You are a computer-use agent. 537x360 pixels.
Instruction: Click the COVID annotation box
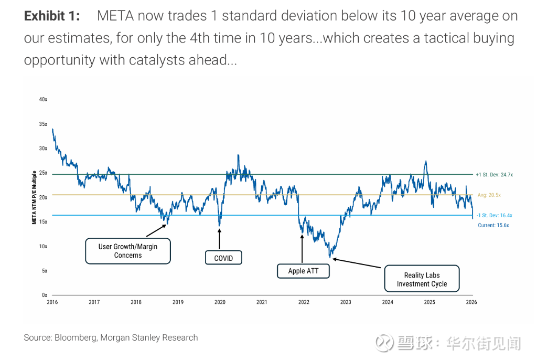(223, 258)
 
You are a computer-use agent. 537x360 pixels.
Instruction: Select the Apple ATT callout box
(303, 271)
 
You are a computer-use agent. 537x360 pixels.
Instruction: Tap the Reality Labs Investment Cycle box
(422, 279)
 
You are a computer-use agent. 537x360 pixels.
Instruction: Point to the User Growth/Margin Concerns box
(128, 251)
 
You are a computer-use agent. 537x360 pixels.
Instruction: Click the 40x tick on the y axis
(44, 99)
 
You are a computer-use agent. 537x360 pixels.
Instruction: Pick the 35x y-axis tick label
(44, 124)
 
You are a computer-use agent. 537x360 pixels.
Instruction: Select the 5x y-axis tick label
(45, 271)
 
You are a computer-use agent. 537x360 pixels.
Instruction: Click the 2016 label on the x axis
(52, 302)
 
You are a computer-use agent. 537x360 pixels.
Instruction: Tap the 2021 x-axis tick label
(262, 302)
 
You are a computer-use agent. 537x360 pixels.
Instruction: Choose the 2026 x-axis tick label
(471, 302)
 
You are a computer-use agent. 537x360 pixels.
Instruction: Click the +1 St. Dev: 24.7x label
(494, 175)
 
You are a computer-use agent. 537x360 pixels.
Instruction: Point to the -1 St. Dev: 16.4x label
(494, 215)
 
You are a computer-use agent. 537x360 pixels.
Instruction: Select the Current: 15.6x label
(493, 225)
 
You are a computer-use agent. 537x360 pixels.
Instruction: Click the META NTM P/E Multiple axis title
(35, 197)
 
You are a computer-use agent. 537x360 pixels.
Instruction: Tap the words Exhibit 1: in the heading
(52, 16)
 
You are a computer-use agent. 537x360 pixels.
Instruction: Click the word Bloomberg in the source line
(76, 337)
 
